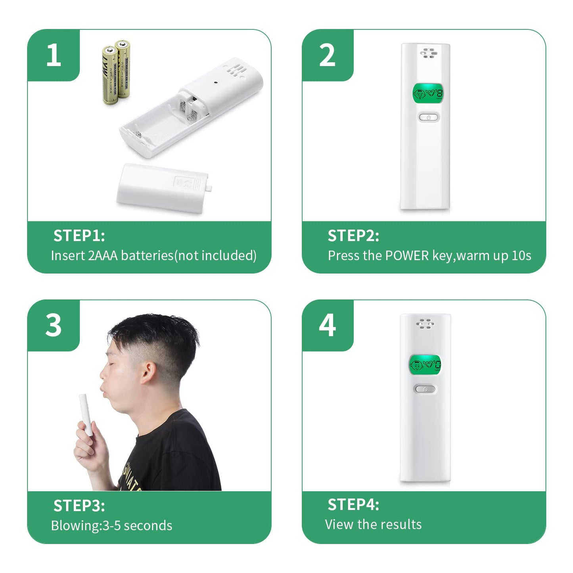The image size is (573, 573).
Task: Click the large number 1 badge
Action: [54, 55]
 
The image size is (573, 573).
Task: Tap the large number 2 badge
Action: [327, 55]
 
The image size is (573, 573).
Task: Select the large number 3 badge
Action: [54, 325]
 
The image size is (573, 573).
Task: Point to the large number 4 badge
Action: [327, 325]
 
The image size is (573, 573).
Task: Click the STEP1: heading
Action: [79, 236]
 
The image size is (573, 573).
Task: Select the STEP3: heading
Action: [79, 506]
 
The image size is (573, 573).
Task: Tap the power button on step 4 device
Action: [425, 389]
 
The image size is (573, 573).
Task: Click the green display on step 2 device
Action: [428, 94]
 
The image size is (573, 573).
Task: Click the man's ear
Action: [149, 373]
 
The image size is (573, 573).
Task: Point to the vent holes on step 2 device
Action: [429, 53]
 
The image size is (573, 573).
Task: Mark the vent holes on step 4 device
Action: [425, 324]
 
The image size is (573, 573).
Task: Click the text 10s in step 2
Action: [521, 256]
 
